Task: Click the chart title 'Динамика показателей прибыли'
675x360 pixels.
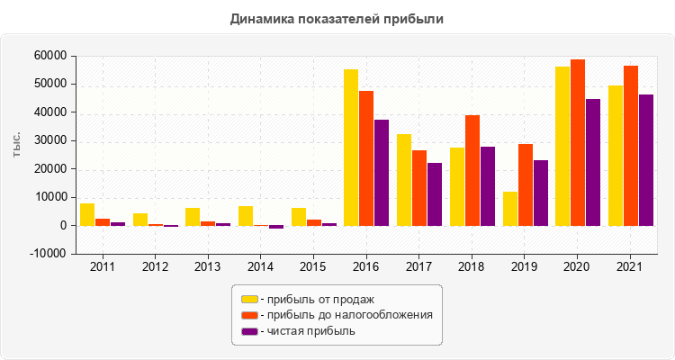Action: pyautogui.click(x=337, y=18)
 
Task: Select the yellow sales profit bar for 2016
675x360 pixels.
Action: pyautogui.click(x=351, y=148)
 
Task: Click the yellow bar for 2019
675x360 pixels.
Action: pyautogui.click(x=510, y=209)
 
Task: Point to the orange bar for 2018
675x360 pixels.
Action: pyautogui.click(x=472, y=170)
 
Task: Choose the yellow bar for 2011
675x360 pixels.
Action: pyautogui.click(x=87, y=214)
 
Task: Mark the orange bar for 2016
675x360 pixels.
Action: pyautogui.click(x=366, y=158)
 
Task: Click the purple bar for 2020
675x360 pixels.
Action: pyautogui.click(x=593, y=162)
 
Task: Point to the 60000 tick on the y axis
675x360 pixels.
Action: pyautogui.click(x=52, y=56)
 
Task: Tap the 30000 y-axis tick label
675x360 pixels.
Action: pyautogui.click(x=52, y=140)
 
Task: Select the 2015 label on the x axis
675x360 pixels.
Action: pyautogui.click(x=313, y=267)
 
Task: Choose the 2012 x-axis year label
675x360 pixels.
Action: pyautogui.click(x=155, y=267)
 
